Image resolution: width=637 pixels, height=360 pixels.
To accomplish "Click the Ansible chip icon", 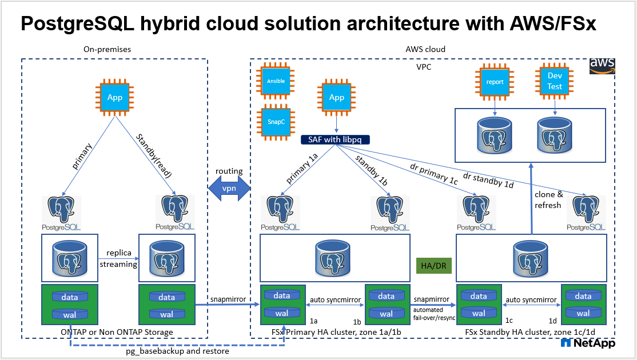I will [x=276, y=82].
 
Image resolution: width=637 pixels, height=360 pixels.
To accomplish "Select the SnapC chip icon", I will [x=276, y=122].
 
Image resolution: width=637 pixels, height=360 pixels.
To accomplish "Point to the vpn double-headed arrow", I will [x=229, y=189].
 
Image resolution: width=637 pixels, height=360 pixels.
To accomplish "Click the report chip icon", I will [x=495, y=82].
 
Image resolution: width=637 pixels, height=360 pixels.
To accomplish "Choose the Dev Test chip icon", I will [x=555, y=82].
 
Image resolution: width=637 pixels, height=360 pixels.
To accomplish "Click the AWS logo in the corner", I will [x=602, y=65].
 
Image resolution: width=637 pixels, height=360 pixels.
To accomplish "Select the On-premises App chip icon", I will [x=115, y=97].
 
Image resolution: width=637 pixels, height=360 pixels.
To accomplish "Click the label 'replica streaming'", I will [x=118, y=259].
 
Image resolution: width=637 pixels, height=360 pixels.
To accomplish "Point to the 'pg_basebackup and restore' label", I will [x=177, y=351].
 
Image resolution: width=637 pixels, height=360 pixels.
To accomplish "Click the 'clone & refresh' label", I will [x=548, y=200].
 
